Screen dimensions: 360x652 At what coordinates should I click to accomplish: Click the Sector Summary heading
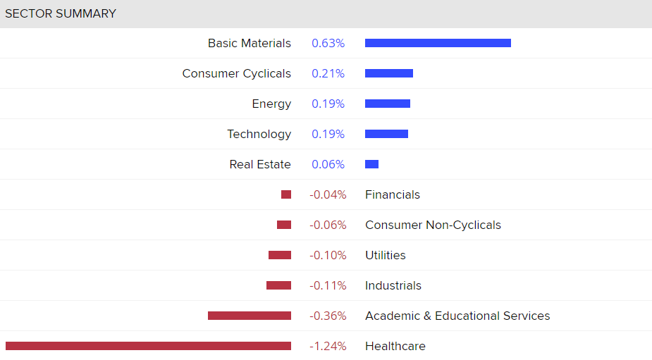61,13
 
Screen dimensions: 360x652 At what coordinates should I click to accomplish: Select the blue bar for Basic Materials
438,43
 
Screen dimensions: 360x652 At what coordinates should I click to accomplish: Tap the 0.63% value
328,43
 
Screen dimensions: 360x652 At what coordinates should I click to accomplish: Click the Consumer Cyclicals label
236,73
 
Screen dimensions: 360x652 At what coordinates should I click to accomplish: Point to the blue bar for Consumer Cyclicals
389,73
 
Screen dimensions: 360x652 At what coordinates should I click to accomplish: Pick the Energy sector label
271,104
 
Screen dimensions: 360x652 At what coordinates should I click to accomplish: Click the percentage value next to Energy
328,104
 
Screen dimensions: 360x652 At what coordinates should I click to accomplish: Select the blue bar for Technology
386,134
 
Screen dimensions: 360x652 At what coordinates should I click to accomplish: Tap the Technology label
259,134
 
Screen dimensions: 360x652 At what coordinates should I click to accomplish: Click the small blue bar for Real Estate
371,164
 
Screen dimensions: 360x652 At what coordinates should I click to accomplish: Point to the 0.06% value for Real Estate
328,164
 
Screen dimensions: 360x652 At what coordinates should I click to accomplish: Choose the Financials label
392,194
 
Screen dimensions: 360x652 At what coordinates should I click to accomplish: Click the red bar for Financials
286,194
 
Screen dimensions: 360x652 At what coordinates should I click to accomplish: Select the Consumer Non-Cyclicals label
433,225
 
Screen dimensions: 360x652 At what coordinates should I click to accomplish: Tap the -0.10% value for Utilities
328,255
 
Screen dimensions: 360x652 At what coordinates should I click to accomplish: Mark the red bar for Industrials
278,285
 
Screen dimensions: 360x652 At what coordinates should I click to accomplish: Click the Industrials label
393,285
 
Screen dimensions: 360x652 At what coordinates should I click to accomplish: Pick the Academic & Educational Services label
457,316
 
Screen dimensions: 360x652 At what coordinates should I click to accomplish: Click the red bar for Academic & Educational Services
250,316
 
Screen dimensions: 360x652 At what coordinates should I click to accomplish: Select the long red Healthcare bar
148,346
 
